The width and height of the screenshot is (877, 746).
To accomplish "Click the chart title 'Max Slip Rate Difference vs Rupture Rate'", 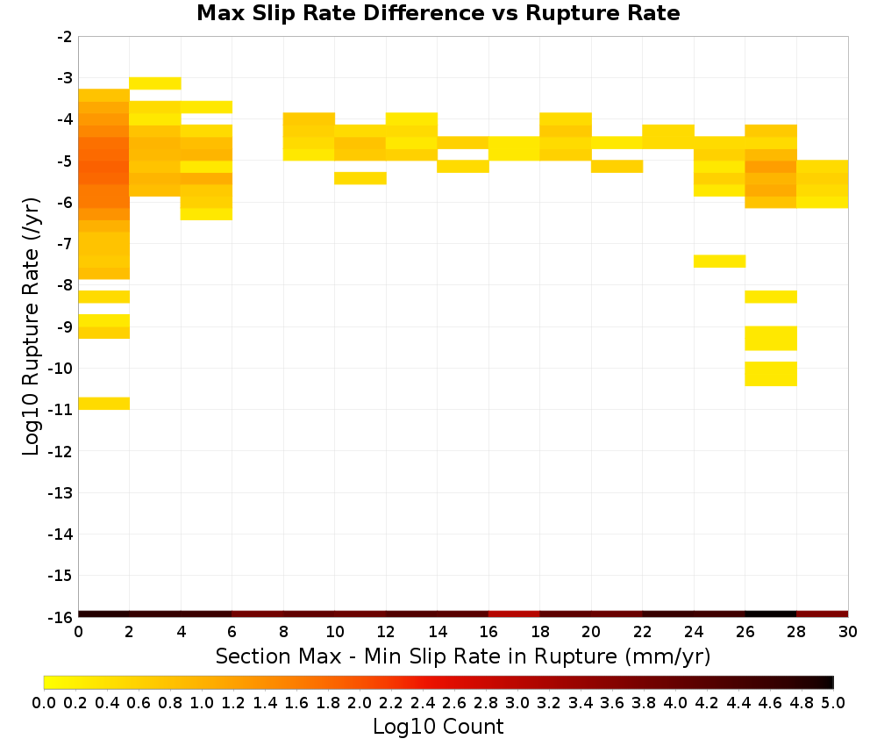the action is pos(438,12).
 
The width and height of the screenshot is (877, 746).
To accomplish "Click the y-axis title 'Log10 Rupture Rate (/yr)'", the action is pos(31,326).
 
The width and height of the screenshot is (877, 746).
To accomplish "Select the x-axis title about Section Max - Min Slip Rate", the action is pos(463,656).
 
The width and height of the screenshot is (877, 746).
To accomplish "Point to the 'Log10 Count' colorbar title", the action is pos(438,727).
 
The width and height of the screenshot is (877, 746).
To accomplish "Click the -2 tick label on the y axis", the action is pos(64,37).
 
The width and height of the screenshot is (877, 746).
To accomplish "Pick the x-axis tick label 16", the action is pos(488,632).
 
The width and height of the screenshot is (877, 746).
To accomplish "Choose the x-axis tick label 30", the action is pos(848,632).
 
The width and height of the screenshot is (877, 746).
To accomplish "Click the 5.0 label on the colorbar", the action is pos(833,702).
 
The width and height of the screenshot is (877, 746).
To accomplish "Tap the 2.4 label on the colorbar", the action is pos(423,702).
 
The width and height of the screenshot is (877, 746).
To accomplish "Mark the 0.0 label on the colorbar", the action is pos(44,702).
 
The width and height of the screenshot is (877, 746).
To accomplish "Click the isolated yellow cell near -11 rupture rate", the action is pos(104,403).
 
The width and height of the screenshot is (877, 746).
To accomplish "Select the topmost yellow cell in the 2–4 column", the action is pos(155,83).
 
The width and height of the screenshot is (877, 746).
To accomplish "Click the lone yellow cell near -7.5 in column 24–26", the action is pos(719,262).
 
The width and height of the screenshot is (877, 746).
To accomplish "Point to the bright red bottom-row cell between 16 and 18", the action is pos(514,614).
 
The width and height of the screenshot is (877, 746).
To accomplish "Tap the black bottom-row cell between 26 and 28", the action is pos(771,614).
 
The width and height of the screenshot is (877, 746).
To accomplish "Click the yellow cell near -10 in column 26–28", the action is pos(771,374).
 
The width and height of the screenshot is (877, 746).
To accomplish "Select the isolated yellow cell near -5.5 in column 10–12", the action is pos(360,178).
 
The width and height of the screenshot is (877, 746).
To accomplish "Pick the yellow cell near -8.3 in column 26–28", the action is pos(771,297).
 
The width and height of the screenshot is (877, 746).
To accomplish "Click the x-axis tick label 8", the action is pos(283,632).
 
